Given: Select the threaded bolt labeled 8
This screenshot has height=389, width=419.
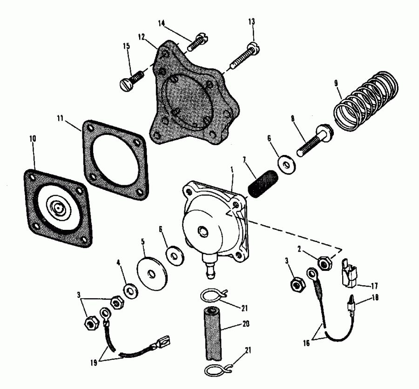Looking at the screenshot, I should coord(312,141).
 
